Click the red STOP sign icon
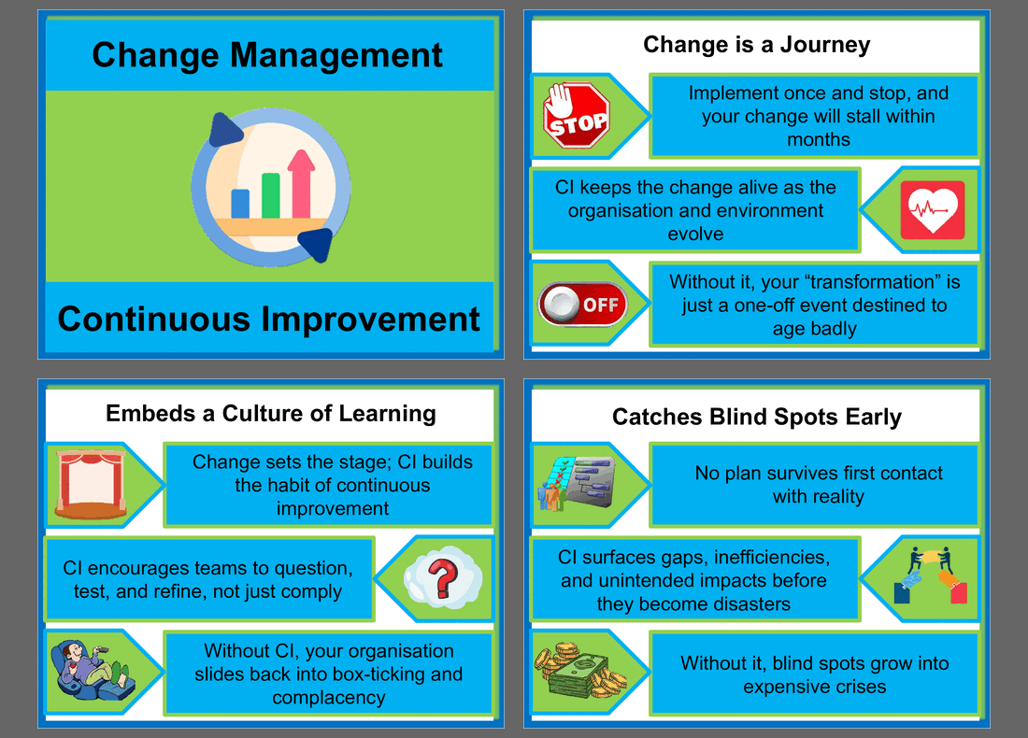[577, 116]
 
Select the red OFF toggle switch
[580, 304]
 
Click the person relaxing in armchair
[91, 670]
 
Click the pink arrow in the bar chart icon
[302, 182]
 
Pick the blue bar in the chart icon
[240, 203]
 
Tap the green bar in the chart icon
[271, 194]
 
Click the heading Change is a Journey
[756, 44]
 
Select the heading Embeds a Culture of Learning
[270, 413]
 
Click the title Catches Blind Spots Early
[756, 417]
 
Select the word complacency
[328, 697]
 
